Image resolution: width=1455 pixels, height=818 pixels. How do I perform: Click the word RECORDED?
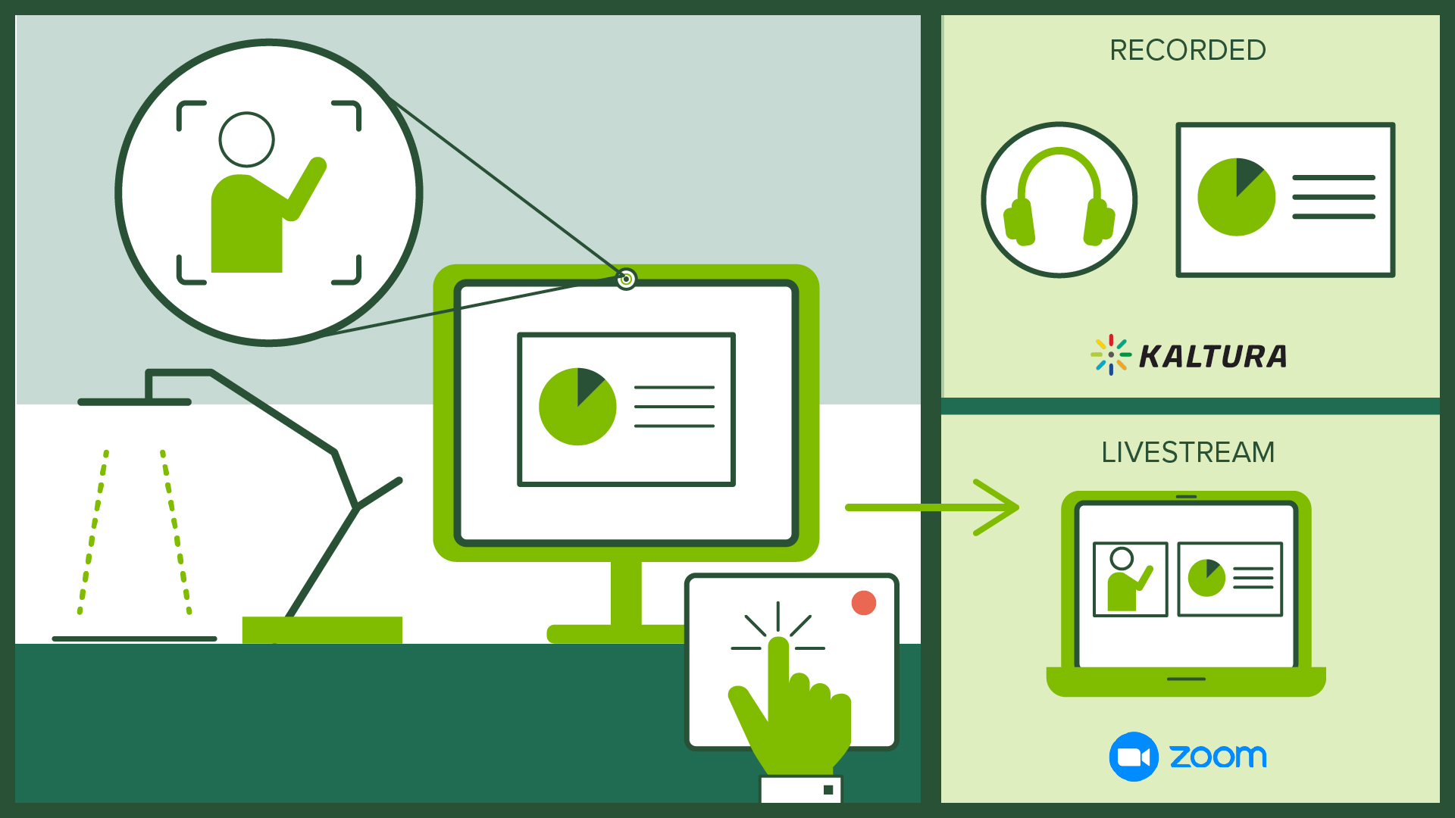(1187, 51)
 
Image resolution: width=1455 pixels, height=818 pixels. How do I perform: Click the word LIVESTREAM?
(1187, 452)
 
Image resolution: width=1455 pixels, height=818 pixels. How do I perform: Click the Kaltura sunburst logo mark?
(1111, 354)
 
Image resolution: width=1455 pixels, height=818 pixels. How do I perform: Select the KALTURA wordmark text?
(1212, 357)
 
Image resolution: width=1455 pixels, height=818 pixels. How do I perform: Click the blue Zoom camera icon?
(1134, 757)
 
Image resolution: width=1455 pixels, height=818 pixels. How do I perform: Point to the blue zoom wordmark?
(1218, 756)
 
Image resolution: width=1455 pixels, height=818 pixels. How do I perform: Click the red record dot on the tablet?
(863, 603)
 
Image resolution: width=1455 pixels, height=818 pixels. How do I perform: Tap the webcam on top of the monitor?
(626, 279)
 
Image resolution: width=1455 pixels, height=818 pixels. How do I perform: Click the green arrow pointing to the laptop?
(932, 507)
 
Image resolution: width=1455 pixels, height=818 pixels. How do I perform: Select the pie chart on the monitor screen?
(577, 407)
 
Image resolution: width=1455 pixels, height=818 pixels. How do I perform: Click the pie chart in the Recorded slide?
(1236, 197)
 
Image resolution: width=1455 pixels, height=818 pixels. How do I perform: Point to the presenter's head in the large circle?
(246, 139)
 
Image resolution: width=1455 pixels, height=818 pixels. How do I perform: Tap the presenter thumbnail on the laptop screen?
(1130, 579)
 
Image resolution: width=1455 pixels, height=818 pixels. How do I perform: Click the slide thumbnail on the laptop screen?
(1230, 579)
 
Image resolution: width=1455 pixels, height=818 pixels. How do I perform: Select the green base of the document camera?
(322, 629)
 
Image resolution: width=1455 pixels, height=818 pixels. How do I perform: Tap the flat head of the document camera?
(135, 401)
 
